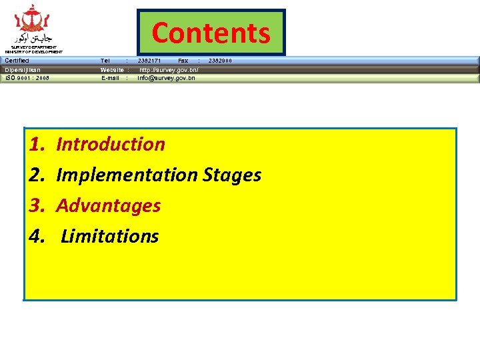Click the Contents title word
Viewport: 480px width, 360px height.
(211, 32)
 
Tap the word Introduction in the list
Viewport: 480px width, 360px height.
(111, 144)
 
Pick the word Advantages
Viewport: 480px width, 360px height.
(109, 205)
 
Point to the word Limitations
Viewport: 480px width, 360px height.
(110, 236)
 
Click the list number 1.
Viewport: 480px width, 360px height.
(37, 144)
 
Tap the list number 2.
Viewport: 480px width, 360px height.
(37, 175)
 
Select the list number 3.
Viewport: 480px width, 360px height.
(37, 205)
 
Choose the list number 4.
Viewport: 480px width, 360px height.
(37, 236)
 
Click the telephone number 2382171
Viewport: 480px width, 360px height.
(149, 61)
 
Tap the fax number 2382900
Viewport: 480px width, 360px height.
(221, 61)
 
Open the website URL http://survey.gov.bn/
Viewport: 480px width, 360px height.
(169, 69)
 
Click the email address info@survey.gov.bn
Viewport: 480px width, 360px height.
(167, 78)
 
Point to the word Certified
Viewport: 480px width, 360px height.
(17, 61)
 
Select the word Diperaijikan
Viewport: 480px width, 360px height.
(23, 69)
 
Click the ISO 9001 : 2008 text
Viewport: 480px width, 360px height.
(27, 78)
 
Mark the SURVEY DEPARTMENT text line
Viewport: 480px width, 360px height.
(33, 47)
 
